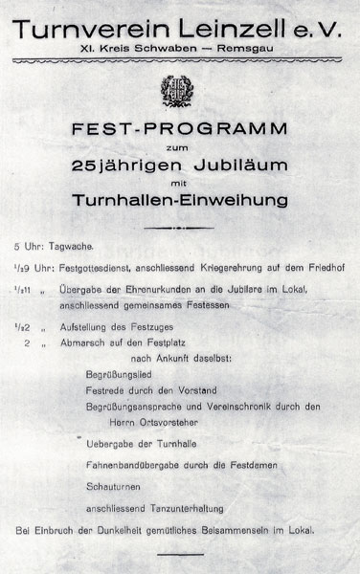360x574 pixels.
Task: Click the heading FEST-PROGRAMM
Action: [180, 127]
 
